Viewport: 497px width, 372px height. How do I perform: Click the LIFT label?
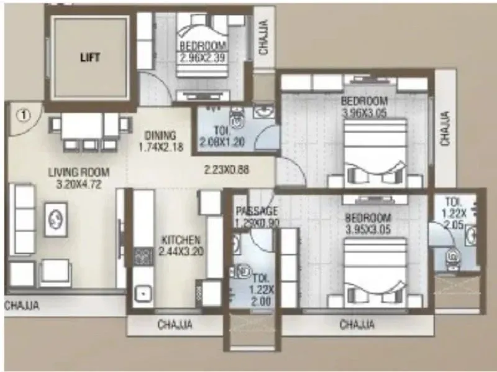90,57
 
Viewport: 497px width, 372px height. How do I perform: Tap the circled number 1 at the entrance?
23,114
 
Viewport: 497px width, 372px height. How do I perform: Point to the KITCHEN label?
181,240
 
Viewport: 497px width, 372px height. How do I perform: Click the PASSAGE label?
257,212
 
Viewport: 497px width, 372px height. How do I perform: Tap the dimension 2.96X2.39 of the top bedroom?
202,58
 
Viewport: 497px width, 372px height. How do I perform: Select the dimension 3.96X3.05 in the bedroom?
365,113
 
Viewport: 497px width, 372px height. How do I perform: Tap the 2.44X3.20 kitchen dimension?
181,252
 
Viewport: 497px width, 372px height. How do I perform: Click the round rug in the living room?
54,218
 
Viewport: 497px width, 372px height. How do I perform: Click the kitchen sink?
143,292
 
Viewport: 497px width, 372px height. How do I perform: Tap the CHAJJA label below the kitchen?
175,324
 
